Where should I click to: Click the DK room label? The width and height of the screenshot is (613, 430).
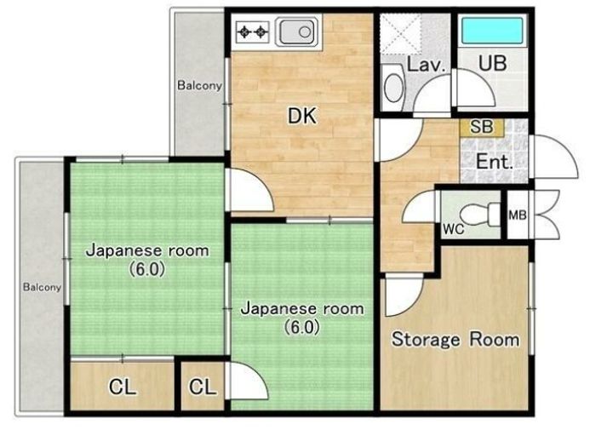301,116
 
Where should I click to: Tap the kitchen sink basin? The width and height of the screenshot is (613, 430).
297,32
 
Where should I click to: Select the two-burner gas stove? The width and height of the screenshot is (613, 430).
253,32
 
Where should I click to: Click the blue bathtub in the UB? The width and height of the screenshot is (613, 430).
492,31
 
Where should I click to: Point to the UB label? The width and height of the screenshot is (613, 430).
493,63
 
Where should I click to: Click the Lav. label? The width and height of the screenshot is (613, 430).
427,65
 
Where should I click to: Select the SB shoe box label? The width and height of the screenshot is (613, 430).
482,127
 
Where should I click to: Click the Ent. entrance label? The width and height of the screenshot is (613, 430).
495,161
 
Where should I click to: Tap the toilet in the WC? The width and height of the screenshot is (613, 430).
479,215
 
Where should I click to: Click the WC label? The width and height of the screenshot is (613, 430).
454,229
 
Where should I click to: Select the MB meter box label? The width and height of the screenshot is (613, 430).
518,215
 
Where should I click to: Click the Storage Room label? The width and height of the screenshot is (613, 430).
455,339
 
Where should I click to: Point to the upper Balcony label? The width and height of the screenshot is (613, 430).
199,85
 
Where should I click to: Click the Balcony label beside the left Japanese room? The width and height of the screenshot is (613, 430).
42,287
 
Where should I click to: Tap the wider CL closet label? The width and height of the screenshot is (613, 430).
123,387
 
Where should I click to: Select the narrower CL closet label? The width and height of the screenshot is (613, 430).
203,387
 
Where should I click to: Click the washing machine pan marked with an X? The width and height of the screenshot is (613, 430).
400,33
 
